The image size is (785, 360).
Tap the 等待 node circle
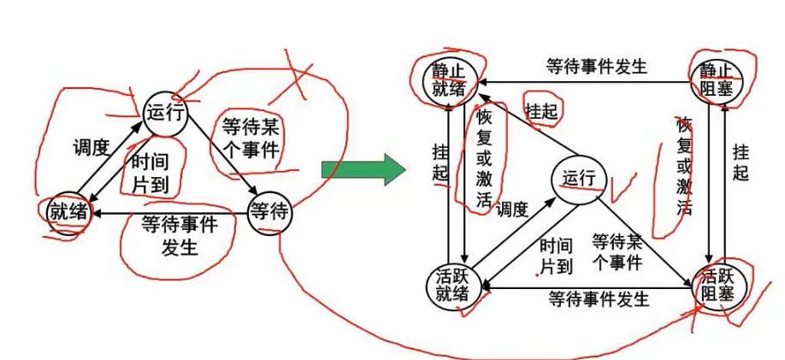(x=269, y=211)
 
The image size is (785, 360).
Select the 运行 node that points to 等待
(x=164, y=113)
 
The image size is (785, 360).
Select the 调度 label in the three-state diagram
(x=89, y=147)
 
